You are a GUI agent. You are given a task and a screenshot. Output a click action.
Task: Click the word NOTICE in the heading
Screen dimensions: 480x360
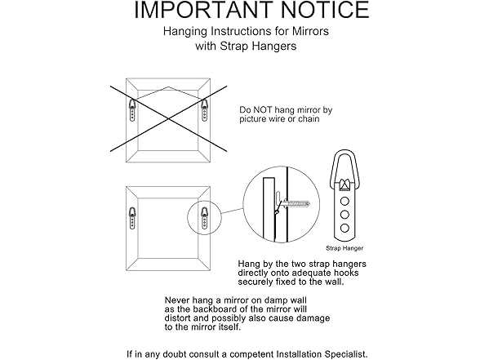tap(325, 10)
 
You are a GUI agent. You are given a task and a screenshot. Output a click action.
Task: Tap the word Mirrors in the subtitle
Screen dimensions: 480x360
tap(310, 31)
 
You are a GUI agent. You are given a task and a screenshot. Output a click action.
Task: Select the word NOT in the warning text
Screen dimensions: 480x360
tap(263, 109)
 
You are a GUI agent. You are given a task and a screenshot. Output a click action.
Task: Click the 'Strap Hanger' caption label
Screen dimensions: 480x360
tap(344, 248)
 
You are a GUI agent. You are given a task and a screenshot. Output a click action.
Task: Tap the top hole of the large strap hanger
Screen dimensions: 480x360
tap(344, 201)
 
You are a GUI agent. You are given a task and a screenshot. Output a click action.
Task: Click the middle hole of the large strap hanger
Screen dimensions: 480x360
tap(344, 215)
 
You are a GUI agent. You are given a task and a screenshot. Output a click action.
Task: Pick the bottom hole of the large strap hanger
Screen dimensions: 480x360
tap(344, 228)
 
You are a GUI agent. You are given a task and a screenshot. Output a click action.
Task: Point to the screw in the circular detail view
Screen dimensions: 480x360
tap(296, 203)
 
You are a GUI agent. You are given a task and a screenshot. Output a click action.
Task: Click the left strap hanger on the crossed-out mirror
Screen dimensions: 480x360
tap(132, 109)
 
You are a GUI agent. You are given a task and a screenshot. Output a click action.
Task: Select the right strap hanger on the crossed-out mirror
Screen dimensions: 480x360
tap(204, 109)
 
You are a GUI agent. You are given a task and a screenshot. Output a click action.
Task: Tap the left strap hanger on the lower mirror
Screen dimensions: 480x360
tap(132, 218)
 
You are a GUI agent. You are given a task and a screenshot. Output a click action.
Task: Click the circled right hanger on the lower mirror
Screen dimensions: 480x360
tap(204, 218)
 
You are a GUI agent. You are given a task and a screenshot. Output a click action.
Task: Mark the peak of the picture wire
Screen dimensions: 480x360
tap(168, 87)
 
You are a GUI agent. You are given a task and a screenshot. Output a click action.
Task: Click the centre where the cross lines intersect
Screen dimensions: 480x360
tap(168, 119)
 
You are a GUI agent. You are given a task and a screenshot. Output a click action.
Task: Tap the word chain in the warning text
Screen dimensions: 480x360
tap(309, 119)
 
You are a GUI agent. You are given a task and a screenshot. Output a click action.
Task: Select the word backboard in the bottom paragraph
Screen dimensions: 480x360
tap(213, 309)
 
